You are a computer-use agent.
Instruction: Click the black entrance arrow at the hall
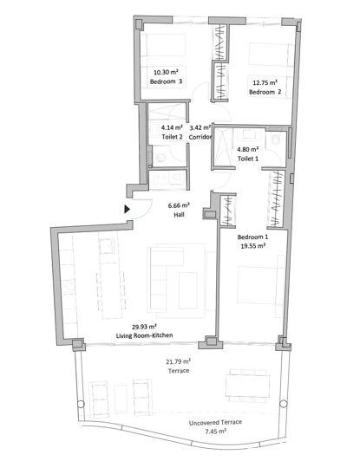click(x=128, y=208)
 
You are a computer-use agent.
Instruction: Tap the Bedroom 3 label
click(x=167, y=82)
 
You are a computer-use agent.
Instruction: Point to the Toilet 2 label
click(x=172, y=137)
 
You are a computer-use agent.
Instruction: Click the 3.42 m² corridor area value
click(x=200, y=127)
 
